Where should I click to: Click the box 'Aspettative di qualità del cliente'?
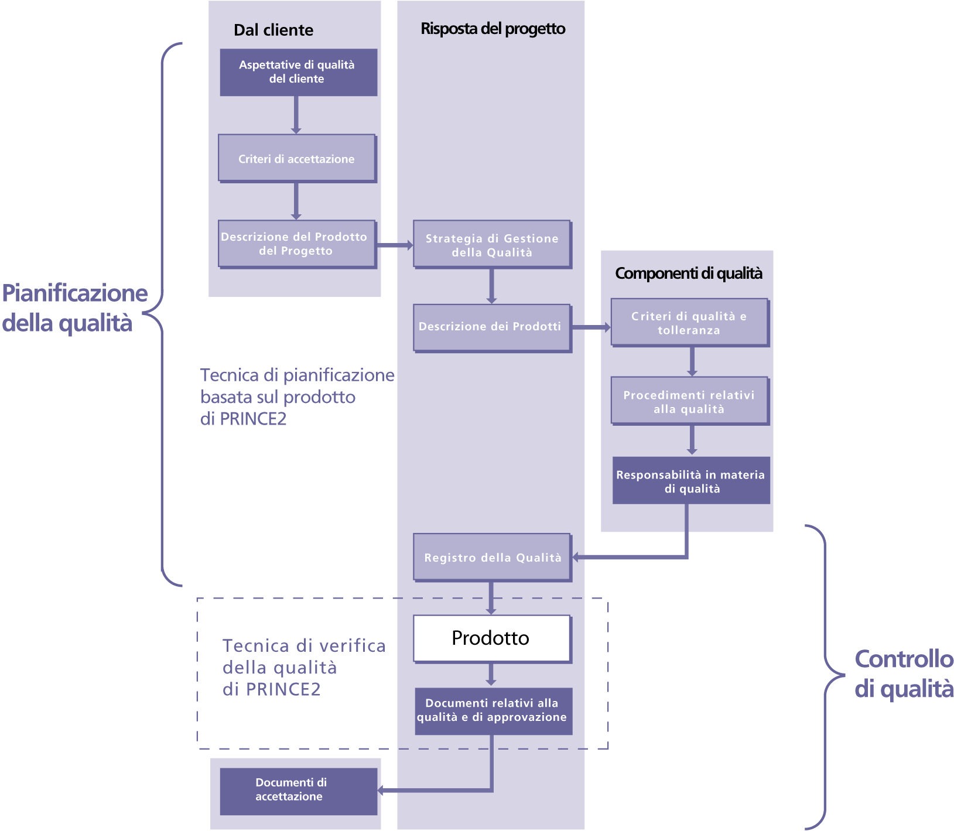coord(298,72)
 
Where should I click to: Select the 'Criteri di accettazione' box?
coord(297,158)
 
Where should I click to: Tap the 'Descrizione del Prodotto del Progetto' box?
coord(296,244)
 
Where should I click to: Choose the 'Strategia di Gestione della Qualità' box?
coord(492,245)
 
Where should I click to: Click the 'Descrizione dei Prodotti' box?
coord(491,327)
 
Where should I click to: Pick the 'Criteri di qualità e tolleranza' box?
coord(689,323)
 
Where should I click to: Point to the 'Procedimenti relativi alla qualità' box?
coord(689,401)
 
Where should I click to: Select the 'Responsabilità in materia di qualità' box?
coord(690,481)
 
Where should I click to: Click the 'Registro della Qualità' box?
coord(492,557)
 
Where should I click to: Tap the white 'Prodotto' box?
coord(491,638)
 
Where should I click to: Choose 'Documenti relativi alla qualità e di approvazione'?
coord(493,710)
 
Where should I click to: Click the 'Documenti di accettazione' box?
coord(298,790)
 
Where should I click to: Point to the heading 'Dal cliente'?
coord(273,30)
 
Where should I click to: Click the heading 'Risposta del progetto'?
coord(493,29)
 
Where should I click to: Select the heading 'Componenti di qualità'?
coord(689,273)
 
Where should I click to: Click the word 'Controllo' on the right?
coord(904,659)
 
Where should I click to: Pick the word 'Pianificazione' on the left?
coord(75,293)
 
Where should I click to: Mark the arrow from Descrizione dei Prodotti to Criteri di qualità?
coord(591,327)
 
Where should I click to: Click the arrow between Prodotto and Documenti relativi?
coord(491,675)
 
